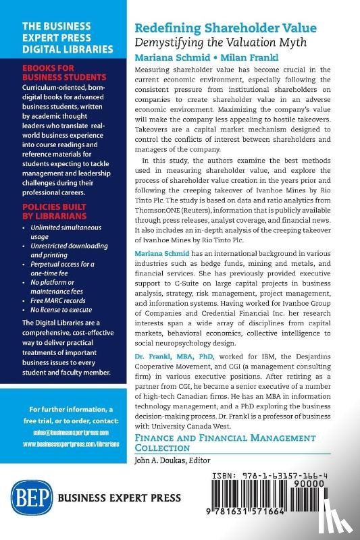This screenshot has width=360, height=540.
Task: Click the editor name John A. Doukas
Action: [x=160, y=460]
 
